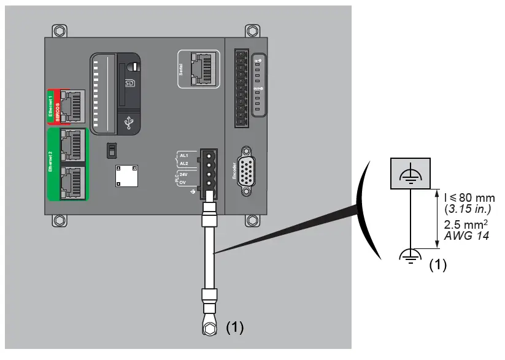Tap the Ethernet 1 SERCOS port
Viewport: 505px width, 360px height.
[71, 106]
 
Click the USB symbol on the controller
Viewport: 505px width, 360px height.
[128, 124]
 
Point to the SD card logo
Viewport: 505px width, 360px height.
[129, 82]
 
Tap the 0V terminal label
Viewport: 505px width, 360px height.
[183, 182]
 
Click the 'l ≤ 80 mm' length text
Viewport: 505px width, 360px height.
[469, 197]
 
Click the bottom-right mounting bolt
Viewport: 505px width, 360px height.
[252, 221]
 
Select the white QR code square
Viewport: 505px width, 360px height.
[126, 176]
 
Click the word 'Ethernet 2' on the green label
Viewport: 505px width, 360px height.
[51, 163]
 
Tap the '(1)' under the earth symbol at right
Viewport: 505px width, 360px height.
[436, 265]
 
